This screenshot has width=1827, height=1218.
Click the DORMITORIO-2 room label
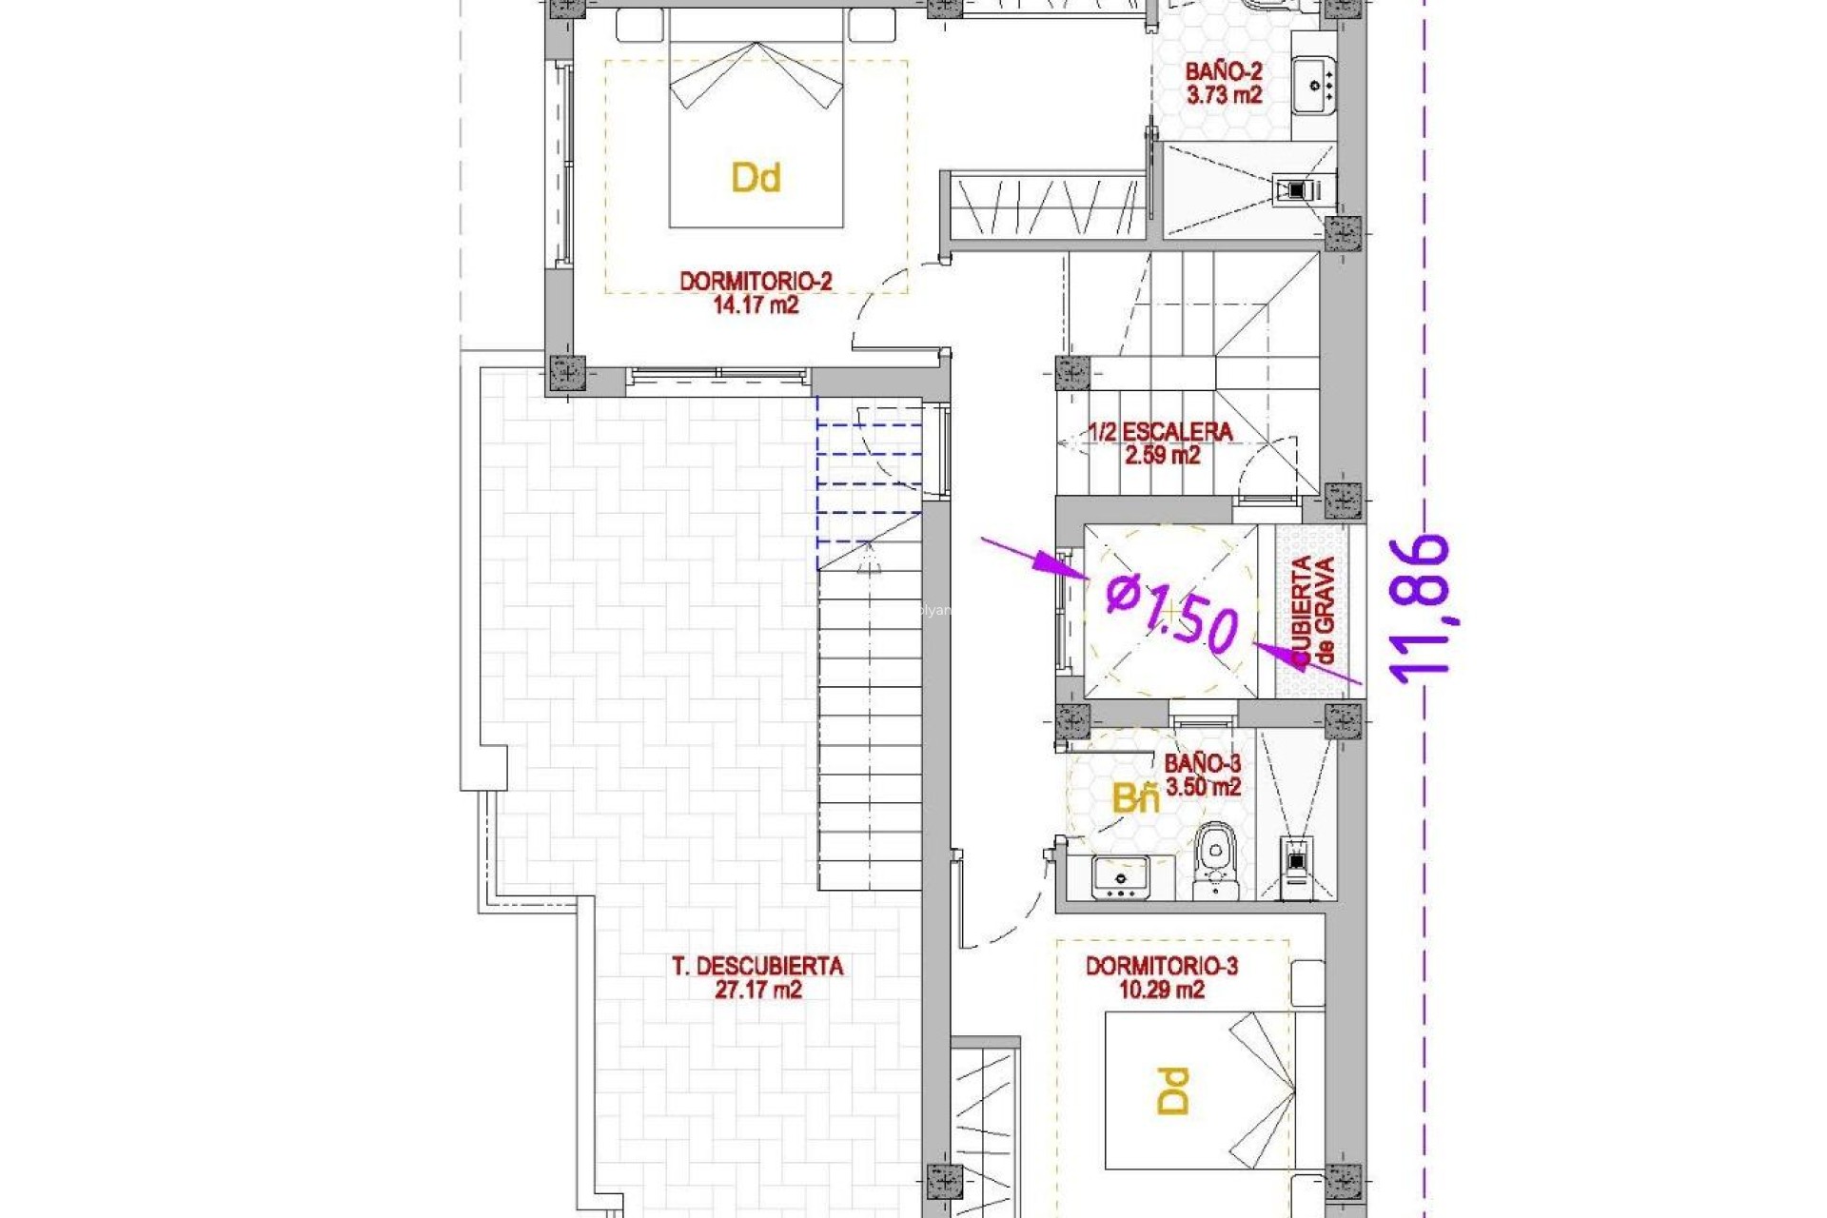coord(755,282)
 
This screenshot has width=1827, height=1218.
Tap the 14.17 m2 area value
coord(755,305)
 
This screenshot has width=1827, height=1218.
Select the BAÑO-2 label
coord(1223,71)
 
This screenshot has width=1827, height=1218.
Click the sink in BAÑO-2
coord(1315,85)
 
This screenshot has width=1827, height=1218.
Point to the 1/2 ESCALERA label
coord(1160,432)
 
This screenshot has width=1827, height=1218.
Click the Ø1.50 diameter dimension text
coord(1173,614)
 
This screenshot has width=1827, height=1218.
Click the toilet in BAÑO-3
coord(1215,856)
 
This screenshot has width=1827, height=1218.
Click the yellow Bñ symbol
coord(1136,798)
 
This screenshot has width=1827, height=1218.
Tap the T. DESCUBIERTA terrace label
coord(757,967)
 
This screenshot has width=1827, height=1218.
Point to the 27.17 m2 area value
coord(757,991)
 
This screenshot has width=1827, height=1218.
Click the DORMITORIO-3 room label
coord(1161,967)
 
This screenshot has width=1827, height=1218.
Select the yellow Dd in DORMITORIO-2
coord(756,178)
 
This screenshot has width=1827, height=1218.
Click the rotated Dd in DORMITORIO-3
coord(1173,1090)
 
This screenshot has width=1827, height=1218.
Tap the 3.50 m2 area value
coord(1203,788)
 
